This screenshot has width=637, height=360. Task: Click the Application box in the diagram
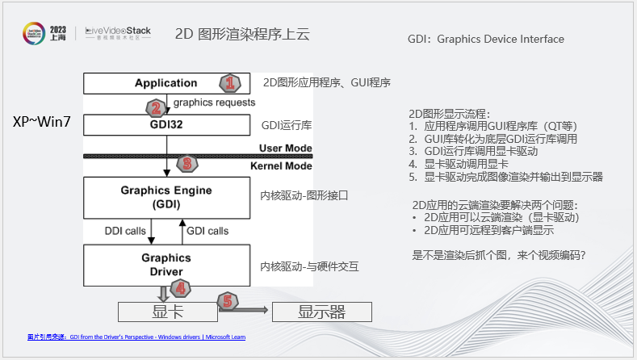click(x=166, y=83)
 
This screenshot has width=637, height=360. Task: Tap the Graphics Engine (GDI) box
click(x=166, y=197)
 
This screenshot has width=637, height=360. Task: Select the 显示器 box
click(x=321, y=312)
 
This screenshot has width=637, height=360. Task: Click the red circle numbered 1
click(x=230, y=82)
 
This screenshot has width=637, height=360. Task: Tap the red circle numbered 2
click(x=156, y=107)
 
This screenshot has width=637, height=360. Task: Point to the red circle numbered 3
click(x=187, y=163)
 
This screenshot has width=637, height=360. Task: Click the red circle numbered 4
click(x=181, y=287)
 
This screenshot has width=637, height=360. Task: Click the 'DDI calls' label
click(x=125, y=231)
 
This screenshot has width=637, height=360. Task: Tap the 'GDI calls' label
click(x=207, y=231)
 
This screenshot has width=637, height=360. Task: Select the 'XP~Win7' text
click(x=42, y=122)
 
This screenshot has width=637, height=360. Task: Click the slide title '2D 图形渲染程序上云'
click(x=241, y=35)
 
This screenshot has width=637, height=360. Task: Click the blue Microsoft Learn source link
click(x=136, y=337)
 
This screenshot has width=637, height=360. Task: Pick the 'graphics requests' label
click(x=214, y=103)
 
